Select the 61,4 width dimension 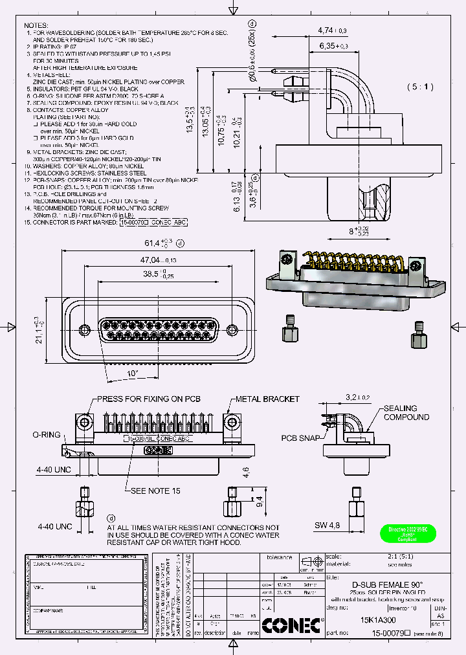[x=153, y=243]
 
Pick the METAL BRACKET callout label [x=267, y=399]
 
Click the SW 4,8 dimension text [x=327, y=525]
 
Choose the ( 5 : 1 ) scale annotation [x=420, y=87]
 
